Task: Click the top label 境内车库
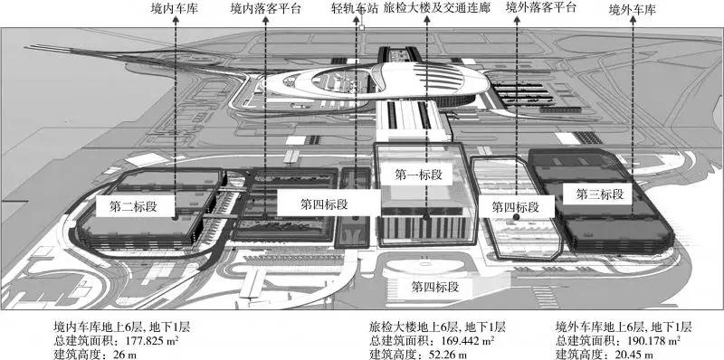click(175, 8)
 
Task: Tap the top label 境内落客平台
click(265, 8)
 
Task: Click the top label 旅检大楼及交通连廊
click(436, 8)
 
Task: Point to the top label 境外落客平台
click(540, 8)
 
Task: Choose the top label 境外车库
click(633, 10)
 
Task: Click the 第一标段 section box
click(418, 175)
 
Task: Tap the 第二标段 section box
click(133, 207)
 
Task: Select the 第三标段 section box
click(600, 194)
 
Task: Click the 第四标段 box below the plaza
click(435, 287)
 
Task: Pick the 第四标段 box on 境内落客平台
click(324, 204)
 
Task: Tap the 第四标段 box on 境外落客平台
click(515, 208)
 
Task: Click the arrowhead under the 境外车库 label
click(633, 20)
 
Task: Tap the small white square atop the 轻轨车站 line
click(362, 27)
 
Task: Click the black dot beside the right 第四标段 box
click(516, 216)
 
